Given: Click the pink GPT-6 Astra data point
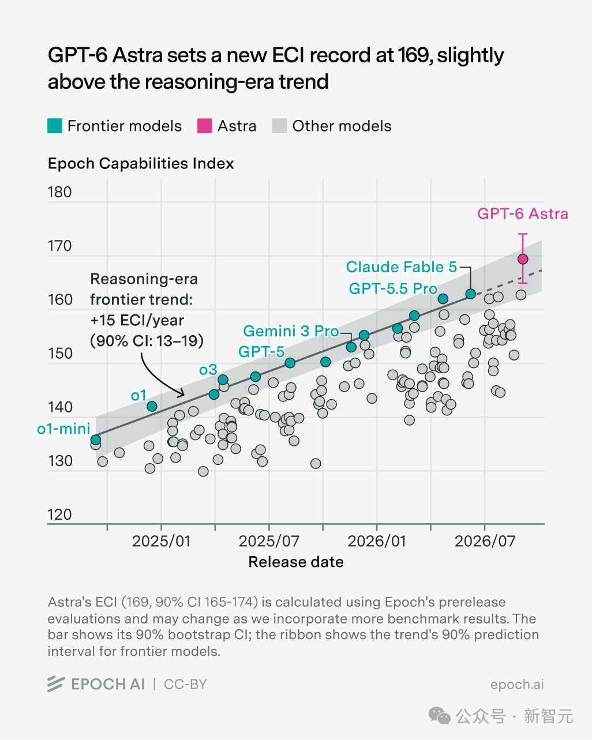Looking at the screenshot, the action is click(x=523, y=259).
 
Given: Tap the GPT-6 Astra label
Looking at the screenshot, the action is click(x=523, y=213).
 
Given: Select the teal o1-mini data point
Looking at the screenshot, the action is click(x=96, y=440).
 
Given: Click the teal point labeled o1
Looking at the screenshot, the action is click(x=152, y=406).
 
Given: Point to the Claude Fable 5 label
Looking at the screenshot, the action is click(x=402, y=267).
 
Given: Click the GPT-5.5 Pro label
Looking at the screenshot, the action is click(x=393, y=288).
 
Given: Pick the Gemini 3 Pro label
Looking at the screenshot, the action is click(x=291, y=331).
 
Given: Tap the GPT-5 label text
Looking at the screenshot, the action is click(x=261, y=352).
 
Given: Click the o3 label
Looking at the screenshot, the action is click(x=208, y=370).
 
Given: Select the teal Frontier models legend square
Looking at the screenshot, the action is click(x=55, y=126).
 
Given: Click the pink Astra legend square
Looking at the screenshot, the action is click(x=204, y=126).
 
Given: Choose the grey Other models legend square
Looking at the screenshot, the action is click(x=280, y=126).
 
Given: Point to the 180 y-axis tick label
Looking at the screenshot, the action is click(x=59, y=192).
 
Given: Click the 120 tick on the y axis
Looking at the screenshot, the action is click(x=59, y=514).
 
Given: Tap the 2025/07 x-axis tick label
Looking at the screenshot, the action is click(x=269, y=541).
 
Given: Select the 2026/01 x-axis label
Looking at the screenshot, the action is click(x=377, y=541).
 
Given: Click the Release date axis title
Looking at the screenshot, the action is click(x=296, y=562).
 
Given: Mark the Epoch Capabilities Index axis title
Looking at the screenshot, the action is click(x=141, y=164).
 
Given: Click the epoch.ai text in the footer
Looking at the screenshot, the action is click(x=517, y=684).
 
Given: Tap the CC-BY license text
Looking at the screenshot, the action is click(x=185, y=684).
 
